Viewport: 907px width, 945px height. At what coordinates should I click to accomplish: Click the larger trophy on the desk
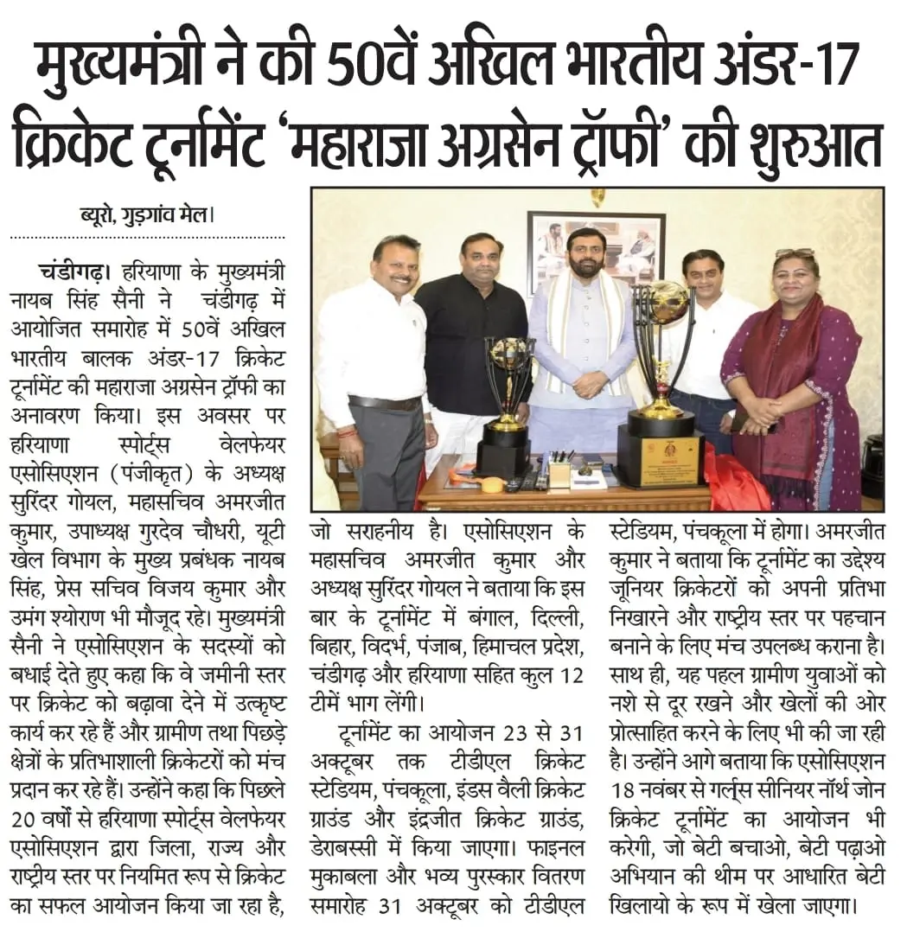pyautogui.click(x=661, y=380)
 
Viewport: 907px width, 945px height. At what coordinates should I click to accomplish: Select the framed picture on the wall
pyautogui.click(x=596, y=252)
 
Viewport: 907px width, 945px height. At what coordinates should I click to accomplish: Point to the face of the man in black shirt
pyautogui.click(x=481, y=257)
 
